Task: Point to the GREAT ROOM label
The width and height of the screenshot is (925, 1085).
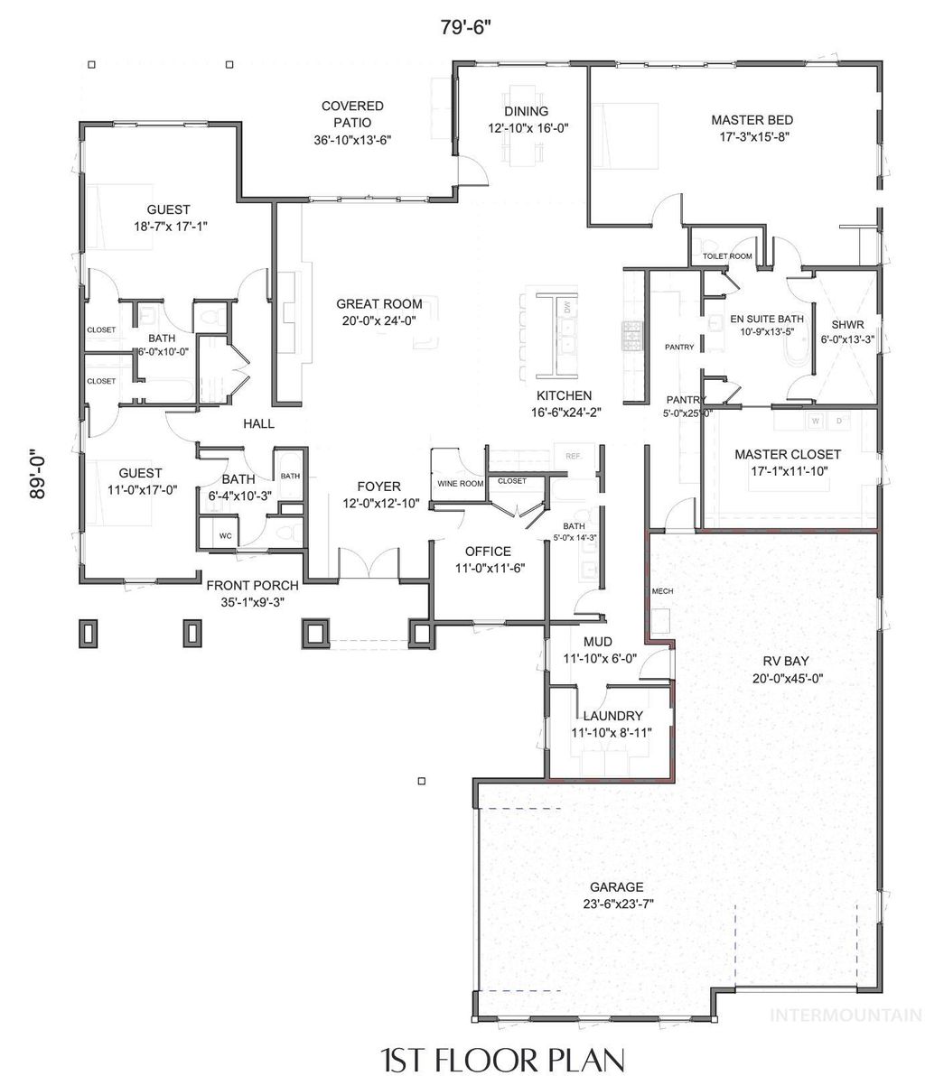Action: pos(375,304)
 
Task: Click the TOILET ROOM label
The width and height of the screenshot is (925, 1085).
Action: pos(727,256)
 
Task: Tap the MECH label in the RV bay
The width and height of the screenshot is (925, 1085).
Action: pos(662,591)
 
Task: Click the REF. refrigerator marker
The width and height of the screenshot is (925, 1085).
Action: pos(573,456)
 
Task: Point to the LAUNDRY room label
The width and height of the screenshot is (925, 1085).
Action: pos(612,716)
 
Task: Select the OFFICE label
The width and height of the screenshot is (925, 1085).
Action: pos(488,551)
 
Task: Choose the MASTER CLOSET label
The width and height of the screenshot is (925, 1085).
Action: pos(787,454)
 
